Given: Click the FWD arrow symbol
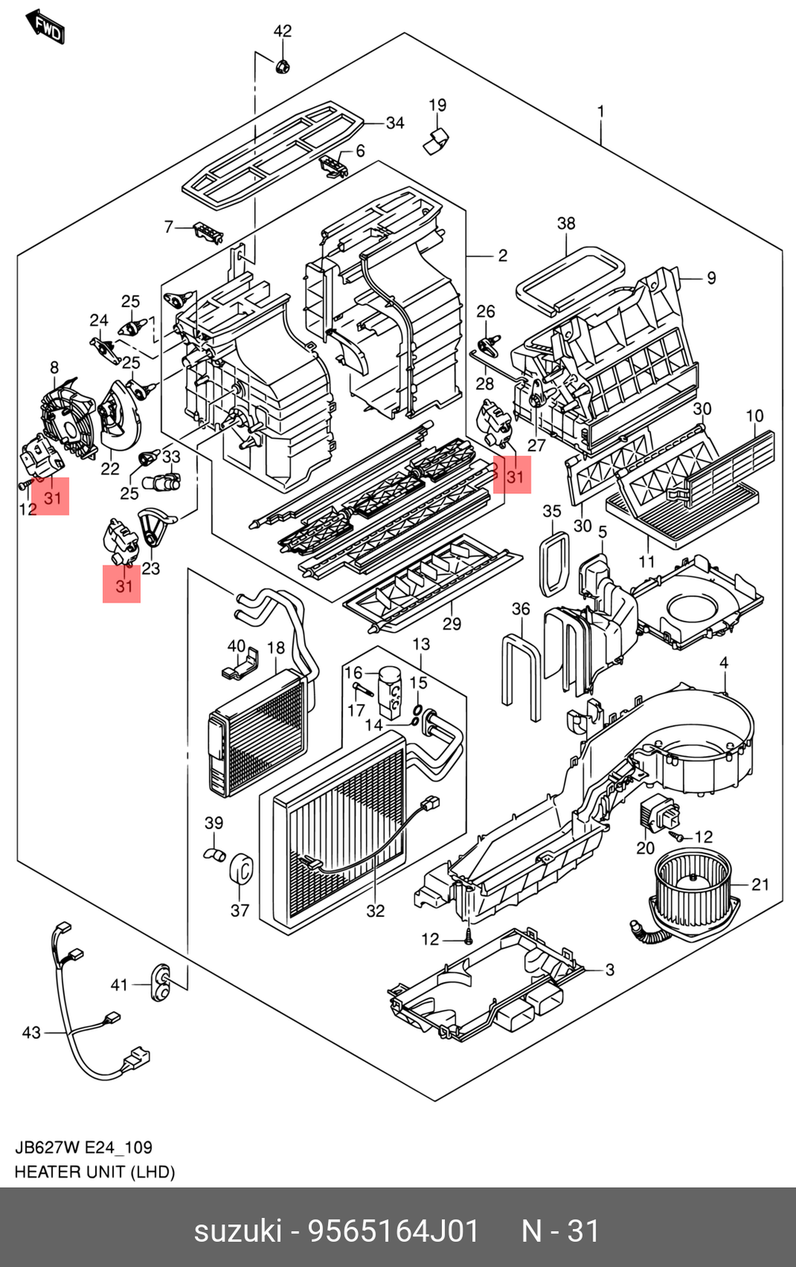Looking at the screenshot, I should (45, 27).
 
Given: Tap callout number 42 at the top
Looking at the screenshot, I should (283, 31).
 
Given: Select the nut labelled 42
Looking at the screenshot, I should (283, 66).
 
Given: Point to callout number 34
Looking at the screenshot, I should (394, 123).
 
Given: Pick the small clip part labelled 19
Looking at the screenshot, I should (436, 141).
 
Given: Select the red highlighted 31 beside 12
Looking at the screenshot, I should (51, 497).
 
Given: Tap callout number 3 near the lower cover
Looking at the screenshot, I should (609, 969).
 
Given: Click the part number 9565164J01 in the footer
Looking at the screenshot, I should (393, 1231).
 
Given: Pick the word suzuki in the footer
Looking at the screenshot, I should (238, 1231).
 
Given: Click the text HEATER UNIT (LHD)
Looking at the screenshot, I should (95, 1171).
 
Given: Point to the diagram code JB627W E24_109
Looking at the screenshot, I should (83, 1147).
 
